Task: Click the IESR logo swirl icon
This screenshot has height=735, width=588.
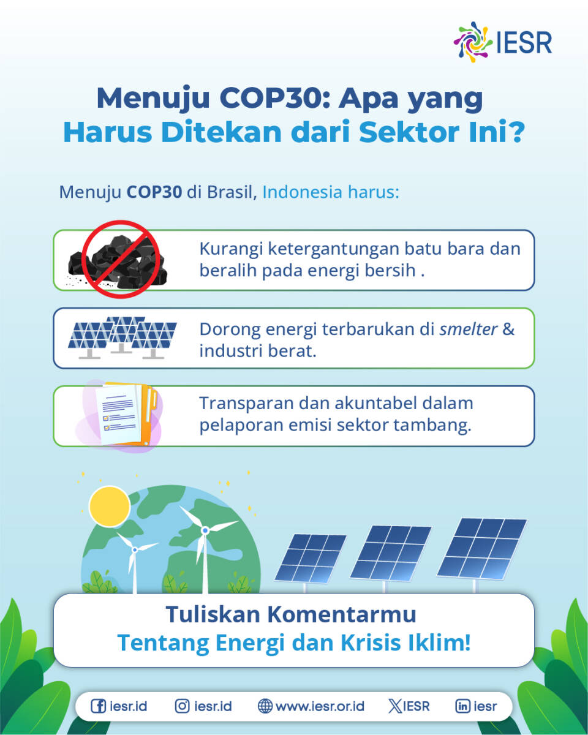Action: pos(472,42)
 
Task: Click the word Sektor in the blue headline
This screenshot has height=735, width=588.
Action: pos(409,132)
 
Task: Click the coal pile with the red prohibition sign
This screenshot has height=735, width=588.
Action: pos(119,259)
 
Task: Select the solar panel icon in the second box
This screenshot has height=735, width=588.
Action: pos(123,337)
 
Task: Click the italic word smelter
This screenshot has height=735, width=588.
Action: pos(469,330)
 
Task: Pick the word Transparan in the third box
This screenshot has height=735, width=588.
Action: pos(246,404)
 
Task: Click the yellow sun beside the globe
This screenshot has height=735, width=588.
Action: pos(110,507)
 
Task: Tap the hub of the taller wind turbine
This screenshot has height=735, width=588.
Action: pos(205,530)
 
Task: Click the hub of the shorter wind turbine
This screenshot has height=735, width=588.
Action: pos(135,550)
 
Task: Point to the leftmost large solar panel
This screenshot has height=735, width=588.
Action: pos(310,559)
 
